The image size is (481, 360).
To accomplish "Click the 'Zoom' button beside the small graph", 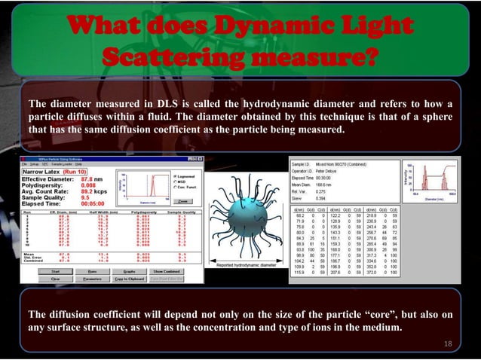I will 182,201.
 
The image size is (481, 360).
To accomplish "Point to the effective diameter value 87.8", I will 81,178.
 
